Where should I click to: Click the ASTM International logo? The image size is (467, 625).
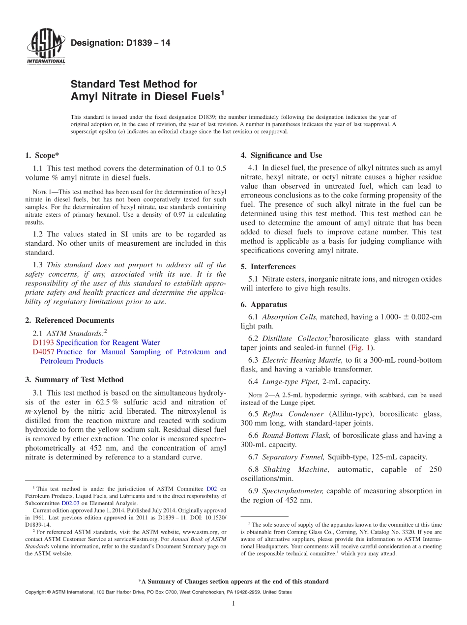46,47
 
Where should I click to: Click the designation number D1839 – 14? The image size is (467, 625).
120,43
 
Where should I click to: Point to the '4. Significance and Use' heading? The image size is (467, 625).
281,155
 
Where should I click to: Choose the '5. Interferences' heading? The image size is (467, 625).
268,266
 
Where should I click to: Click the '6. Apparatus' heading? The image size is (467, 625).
263,304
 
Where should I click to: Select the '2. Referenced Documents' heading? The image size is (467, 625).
69,320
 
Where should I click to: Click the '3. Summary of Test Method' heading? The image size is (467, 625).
74,379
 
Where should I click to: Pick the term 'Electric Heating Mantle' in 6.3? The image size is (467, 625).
299,360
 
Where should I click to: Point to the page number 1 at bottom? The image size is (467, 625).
233,603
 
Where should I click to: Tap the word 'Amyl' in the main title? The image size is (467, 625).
88,97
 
